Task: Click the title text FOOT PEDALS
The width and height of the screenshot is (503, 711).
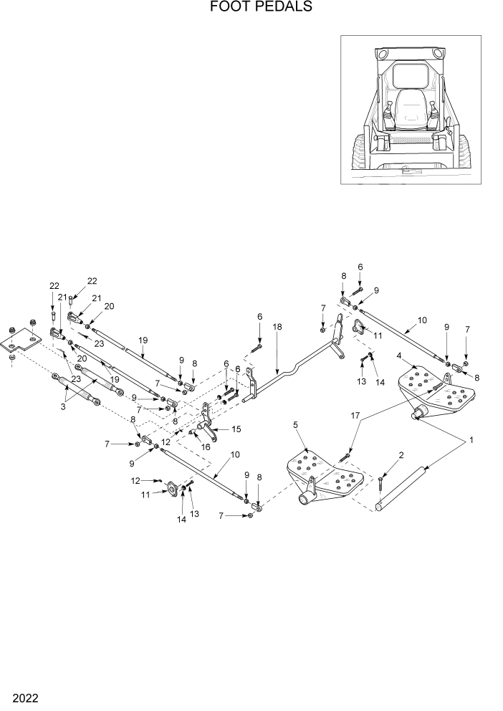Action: click(251, 8)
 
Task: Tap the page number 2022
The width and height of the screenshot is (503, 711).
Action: click(24, 697)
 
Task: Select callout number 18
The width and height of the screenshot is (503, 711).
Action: click(278, 327)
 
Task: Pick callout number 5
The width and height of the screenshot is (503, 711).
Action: click(295, 424)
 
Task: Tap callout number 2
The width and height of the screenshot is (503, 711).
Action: click(401, 454)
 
